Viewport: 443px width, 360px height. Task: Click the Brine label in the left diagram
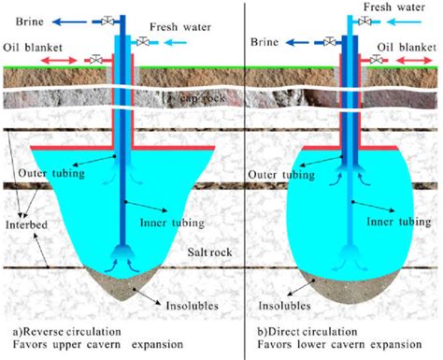point(30,22)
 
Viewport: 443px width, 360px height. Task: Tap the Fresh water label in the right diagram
point(394,7)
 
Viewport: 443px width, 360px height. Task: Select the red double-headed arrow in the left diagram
point(59,60)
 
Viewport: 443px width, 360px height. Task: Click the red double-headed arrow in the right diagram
point(414,60)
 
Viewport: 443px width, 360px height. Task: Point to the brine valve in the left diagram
point(107,22)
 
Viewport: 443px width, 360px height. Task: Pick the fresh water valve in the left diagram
point(143,41)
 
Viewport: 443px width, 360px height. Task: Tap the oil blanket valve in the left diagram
point(96,59)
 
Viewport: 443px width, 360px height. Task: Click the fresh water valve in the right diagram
point(364,22)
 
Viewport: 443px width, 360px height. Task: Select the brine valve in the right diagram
point(330,41)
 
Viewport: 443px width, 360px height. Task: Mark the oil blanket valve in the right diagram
point(377,59)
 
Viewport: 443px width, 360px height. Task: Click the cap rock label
point(203,98)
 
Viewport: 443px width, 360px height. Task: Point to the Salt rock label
point(209,252)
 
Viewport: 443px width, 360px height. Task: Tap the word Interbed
point(26,224)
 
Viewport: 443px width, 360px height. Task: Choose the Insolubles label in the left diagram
point(192,306)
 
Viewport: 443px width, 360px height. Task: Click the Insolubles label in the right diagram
point(284,306)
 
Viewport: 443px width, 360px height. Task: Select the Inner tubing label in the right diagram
point(399,222)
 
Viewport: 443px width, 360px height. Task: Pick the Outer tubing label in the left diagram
point(51,173)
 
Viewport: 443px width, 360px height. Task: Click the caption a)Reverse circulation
point(66,332)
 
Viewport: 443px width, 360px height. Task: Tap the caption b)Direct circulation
point(307,332)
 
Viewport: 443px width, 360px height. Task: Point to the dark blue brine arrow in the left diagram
point(69,22)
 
